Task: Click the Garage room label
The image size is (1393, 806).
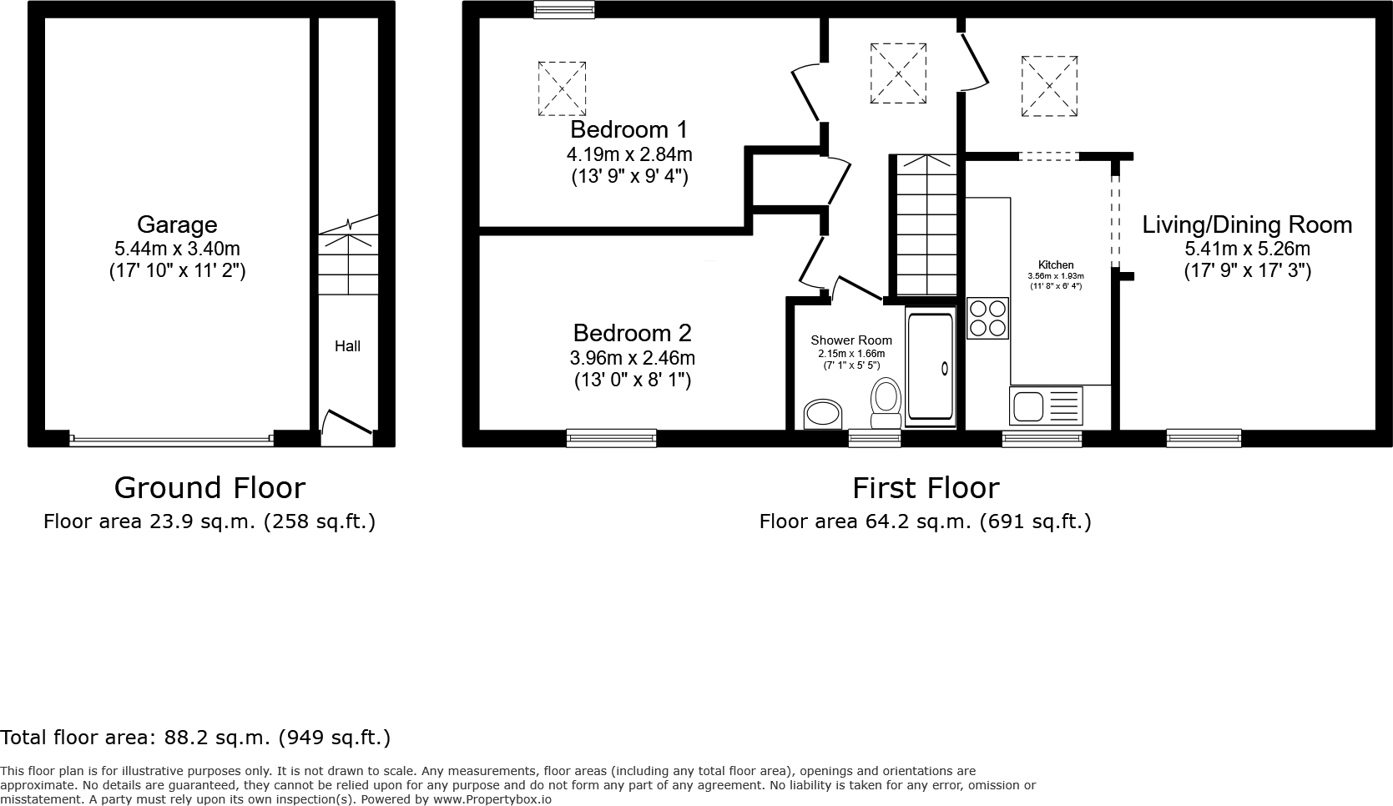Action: pos(177,224)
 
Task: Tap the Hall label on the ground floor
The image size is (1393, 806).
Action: pos(347,345)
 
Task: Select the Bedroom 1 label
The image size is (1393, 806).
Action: pos(629,129)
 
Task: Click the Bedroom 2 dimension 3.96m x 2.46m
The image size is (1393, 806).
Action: pos(632,358)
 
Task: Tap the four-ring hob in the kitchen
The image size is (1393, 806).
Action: pos(987,318)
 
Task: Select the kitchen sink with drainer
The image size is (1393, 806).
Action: pos(1046,407)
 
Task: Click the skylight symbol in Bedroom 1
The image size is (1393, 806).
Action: pos(562,88)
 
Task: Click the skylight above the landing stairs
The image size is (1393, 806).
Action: pos(898,73)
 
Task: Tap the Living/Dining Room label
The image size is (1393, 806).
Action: pos(1247,224)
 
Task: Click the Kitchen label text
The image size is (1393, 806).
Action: pos(1056,264)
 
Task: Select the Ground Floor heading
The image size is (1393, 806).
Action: pos(209,487)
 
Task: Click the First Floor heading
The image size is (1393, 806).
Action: pos(925,487)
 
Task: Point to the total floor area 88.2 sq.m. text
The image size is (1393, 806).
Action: pos(195,738)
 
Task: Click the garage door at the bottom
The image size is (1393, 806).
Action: pos(171,438)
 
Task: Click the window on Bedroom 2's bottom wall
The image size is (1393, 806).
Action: pos(611,437)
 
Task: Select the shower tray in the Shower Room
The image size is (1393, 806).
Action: pos(931,367)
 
